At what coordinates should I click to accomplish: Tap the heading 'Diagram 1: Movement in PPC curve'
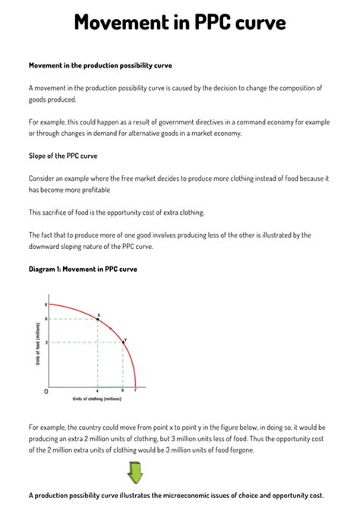[x=83, y=269]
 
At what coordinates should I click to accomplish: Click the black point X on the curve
[x=97, y=319]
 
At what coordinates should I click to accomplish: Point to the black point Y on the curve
[x=123, y=342]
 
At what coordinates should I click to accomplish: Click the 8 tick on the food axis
[x=46, y=304]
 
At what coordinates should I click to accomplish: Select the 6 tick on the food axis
[x=46, y=319]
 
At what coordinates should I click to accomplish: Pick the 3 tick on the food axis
[x=46, y=342]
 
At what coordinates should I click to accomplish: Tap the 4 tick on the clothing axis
[x=97, y=390]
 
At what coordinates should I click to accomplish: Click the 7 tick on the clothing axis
[x=136, y=390]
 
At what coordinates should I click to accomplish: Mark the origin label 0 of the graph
[x=46, y=391]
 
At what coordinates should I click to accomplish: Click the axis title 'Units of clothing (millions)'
[x=96, y=399]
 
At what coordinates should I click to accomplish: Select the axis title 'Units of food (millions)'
[x=37, y=344]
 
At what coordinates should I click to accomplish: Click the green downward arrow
[x=134, y=474]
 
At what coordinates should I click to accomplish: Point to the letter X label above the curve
[x=99, y=313]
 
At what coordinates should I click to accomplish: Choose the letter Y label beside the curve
[x=125, y=339]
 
